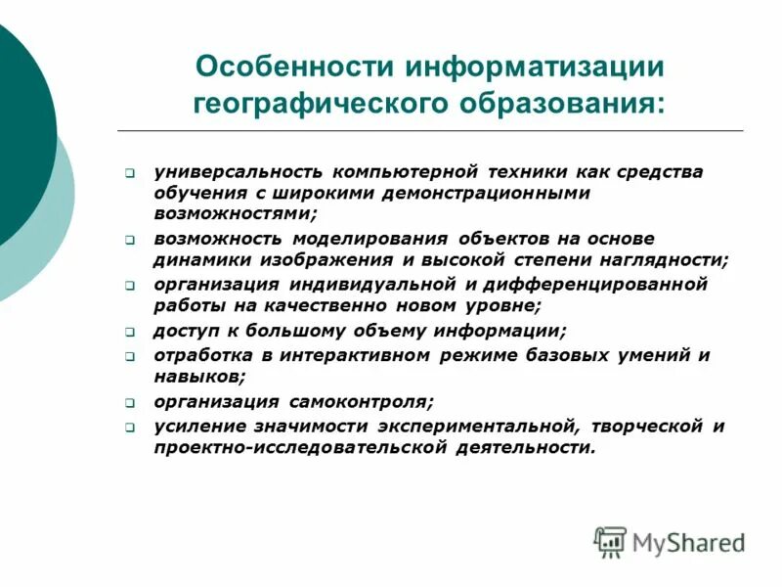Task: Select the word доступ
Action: [x=183, y=331]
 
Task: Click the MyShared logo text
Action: [x=688, y=541]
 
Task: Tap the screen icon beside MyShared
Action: [x=610, y=541]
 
